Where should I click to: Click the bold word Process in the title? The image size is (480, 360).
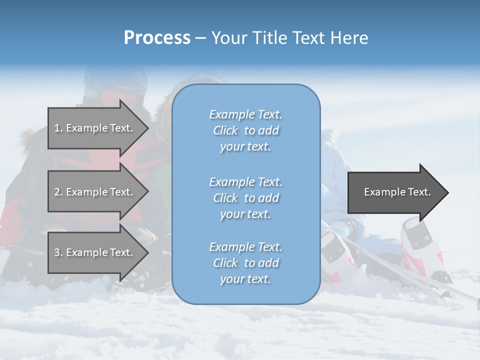point(157,38)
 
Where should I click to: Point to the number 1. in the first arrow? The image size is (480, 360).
point(58,128)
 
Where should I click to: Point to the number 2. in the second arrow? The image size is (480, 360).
point(58,192)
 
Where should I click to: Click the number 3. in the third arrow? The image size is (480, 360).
point(58,252)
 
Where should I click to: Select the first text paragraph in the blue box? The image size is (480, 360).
point(245,130)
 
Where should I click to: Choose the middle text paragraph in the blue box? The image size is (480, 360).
point(245,197)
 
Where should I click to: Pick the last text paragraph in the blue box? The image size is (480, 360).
point(245,263)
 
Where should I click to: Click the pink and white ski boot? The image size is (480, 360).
point(420,240)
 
